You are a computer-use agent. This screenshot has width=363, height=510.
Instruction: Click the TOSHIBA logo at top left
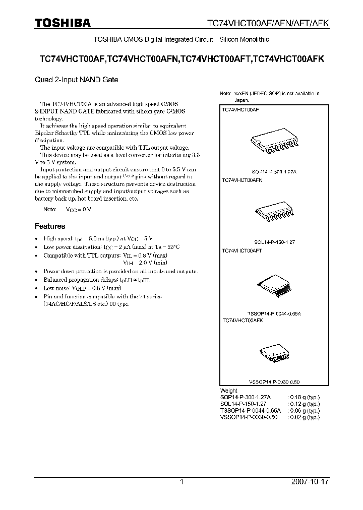tap(63, 23)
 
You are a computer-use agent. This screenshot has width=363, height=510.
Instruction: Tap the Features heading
tap(49, 226)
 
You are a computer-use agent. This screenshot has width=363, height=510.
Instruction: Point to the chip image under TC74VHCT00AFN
tap(273, 214)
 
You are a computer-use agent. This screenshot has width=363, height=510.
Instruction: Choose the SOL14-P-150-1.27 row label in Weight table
tap(246, 404)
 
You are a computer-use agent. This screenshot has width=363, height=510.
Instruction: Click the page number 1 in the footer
tap(181, 482)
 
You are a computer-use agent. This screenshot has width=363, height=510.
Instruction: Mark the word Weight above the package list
tap(229, 391)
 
